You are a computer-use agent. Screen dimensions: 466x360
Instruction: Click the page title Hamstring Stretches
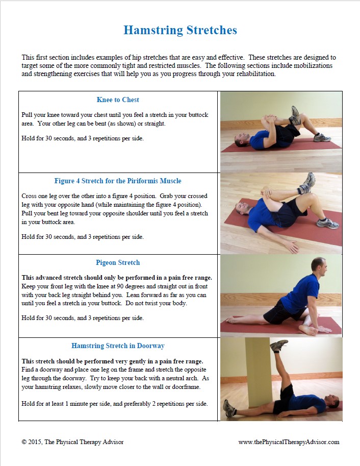tap(180, 30)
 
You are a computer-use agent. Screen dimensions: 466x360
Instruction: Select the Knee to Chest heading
tap(118, 100)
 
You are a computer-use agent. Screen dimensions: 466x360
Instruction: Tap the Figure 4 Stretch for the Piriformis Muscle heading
tap(118, 181)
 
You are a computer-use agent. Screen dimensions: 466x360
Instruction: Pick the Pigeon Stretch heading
tap(118, 262)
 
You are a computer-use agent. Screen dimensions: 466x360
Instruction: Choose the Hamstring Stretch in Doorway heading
tap(118, 346)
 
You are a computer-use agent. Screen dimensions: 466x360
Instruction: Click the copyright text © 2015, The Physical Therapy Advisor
tap(72, 442)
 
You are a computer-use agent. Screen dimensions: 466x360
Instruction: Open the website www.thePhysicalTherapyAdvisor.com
tap(289, 442)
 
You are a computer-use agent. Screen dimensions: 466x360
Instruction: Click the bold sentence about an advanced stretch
tap(117, 278)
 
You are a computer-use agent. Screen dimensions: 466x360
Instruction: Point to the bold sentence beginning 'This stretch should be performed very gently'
tap(113, 361)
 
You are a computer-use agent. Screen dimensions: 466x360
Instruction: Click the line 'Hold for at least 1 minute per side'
tap(115, 404)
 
